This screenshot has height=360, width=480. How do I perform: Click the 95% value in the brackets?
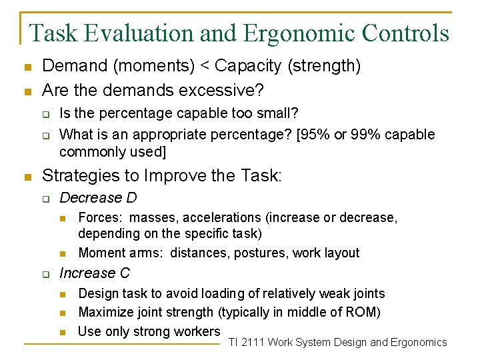317,135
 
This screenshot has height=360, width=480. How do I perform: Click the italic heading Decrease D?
98,198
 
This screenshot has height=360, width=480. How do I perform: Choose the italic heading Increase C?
95,273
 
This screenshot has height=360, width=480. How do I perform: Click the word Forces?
100,218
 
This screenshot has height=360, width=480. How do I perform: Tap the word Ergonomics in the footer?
419,343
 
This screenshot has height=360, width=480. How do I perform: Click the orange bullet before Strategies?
27,177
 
